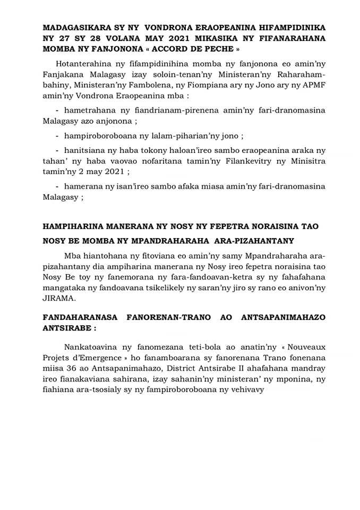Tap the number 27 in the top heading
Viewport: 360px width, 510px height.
pos(65,37)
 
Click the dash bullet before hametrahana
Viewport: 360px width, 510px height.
pos(57,109)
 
